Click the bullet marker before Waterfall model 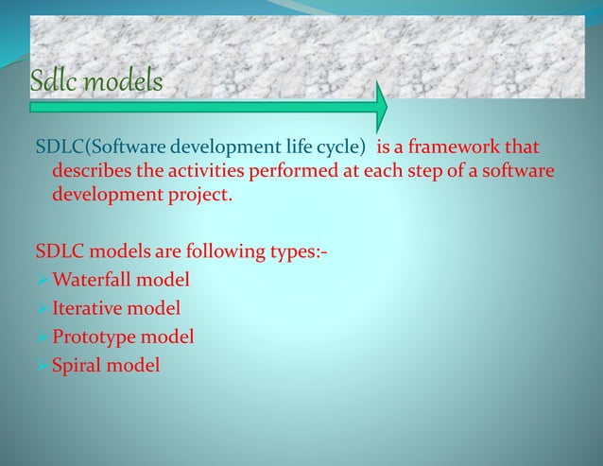click(42, 281)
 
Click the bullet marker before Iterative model click(42, 307)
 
